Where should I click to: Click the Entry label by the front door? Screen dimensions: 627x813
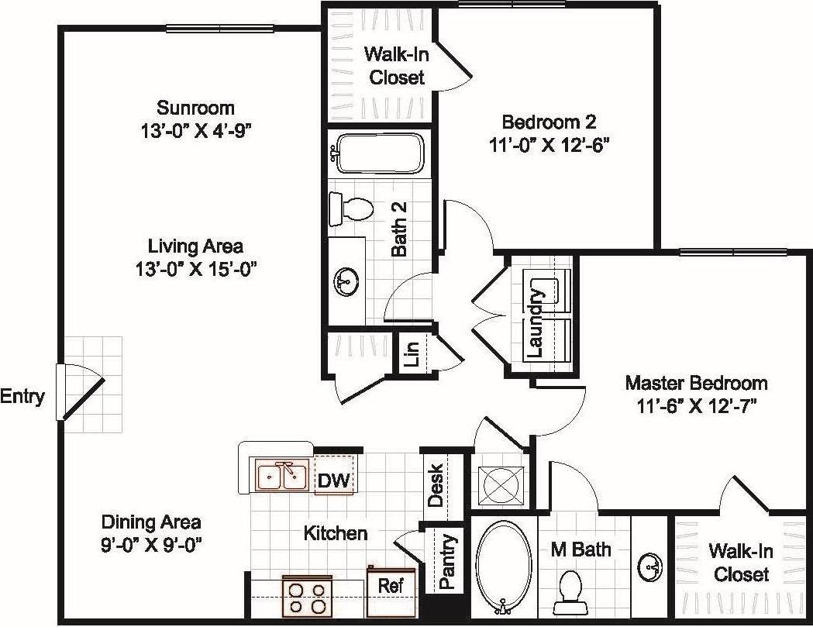(22, 397)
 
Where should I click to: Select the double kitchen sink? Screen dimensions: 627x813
(281, 475)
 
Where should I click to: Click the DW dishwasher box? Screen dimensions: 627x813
(335, 481)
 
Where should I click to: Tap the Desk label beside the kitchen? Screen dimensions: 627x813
(436, 485)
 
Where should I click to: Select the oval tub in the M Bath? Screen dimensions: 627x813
(504, 564)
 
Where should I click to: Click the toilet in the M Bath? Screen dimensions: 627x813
(571, 590)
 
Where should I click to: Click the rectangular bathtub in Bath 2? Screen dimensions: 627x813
(379, 153)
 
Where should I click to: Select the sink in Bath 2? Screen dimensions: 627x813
(346, 281)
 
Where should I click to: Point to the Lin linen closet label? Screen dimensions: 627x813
(412, 353)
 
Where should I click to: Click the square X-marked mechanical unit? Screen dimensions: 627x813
(501, 486)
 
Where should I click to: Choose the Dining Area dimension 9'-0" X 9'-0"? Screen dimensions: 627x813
(151, 543)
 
